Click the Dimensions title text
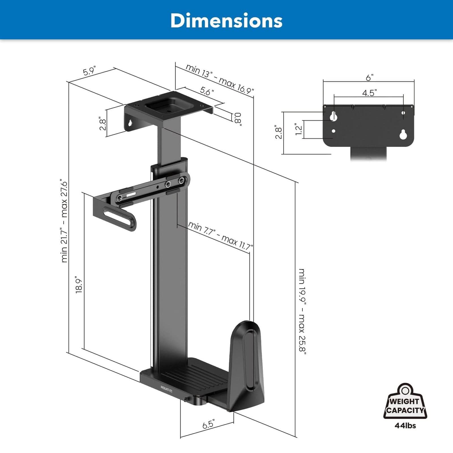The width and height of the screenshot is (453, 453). coord(226,20)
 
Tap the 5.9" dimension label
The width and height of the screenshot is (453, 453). coord(90,71)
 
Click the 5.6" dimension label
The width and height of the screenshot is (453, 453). coord(207,91)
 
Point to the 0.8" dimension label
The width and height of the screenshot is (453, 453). coord(237,119)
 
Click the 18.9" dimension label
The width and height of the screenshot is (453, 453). coord(79,285)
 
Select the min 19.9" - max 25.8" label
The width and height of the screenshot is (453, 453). coord(303,311)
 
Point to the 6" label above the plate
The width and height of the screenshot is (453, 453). coord(369,78)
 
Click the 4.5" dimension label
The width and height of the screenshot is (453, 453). coord(369,93)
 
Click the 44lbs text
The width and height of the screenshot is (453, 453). coord(405,425)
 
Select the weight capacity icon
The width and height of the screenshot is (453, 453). coord(405,402)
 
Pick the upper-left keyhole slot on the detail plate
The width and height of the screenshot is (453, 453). coord(334,116)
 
